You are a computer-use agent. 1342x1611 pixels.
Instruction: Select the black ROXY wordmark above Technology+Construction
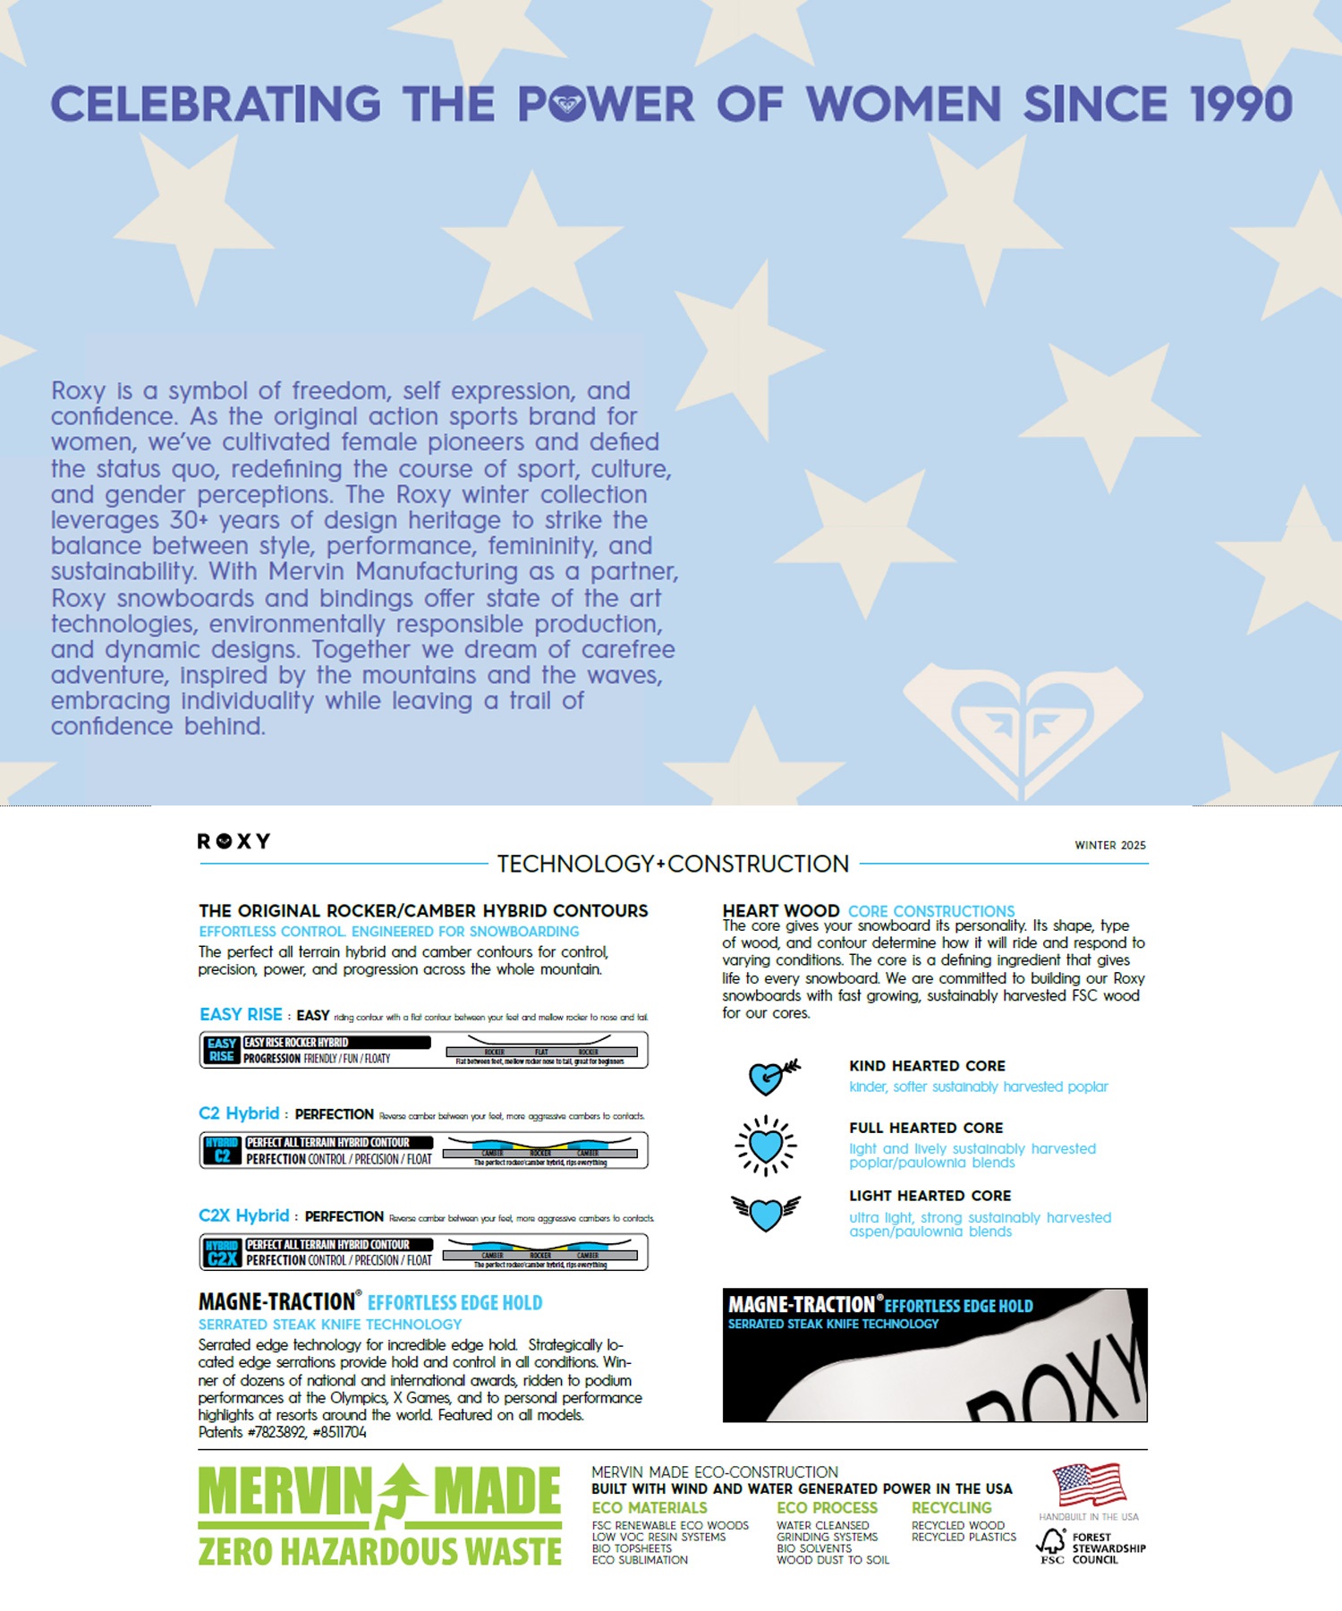(x=234, y=841)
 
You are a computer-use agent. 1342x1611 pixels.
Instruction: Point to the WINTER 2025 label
(x=1109, y=845)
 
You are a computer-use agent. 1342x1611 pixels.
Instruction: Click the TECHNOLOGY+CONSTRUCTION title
(x=673, y=864)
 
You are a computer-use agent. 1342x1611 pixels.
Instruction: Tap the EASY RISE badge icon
(x=221, y=1050)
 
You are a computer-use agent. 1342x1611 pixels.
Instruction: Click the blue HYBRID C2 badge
(x=221, y=1150)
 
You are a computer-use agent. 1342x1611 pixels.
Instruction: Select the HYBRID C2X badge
(x=222, y=1252)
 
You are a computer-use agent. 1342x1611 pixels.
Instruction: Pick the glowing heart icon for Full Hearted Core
(x=766, y=1145)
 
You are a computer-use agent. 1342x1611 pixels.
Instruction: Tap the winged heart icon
(x=766, y=1213)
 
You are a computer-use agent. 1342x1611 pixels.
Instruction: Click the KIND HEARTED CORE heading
(x=927, y=1066)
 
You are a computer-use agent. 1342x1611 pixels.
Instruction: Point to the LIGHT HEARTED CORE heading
(x=930, y=1196)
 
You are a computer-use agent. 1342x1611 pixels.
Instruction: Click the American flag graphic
(x=1088, y=1486)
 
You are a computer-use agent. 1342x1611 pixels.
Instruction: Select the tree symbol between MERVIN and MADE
(x=402, y=1496)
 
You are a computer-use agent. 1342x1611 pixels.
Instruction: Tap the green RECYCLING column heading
(x=951, y=1508)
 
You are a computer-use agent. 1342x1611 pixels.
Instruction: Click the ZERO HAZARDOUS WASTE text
(x=379, y=1551)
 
